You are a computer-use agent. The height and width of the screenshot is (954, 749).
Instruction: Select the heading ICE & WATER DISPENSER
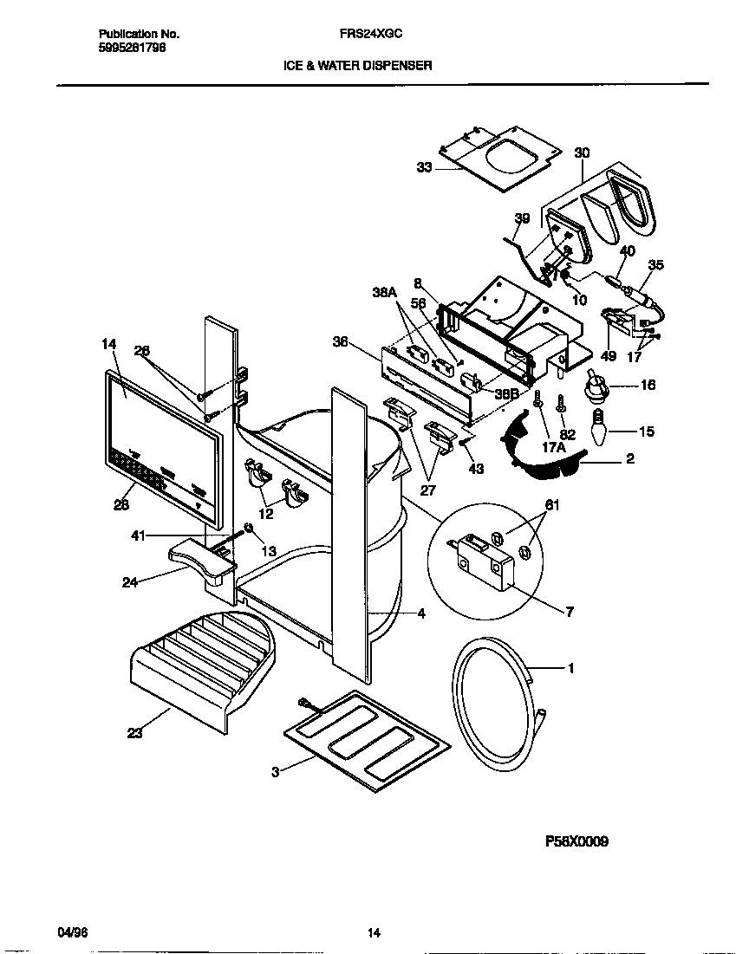(357, 65)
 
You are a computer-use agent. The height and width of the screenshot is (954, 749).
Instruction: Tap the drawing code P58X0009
(576, 840)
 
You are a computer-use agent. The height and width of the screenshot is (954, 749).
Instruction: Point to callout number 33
(424, 168)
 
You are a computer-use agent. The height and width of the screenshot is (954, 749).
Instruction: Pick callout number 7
(570, 612)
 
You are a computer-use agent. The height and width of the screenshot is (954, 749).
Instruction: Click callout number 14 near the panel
(108, 344)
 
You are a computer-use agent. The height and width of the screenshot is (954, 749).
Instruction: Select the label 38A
(384, 293)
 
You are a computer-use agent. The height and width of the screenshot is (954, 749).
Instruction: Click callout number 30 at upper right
(582, 153)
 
